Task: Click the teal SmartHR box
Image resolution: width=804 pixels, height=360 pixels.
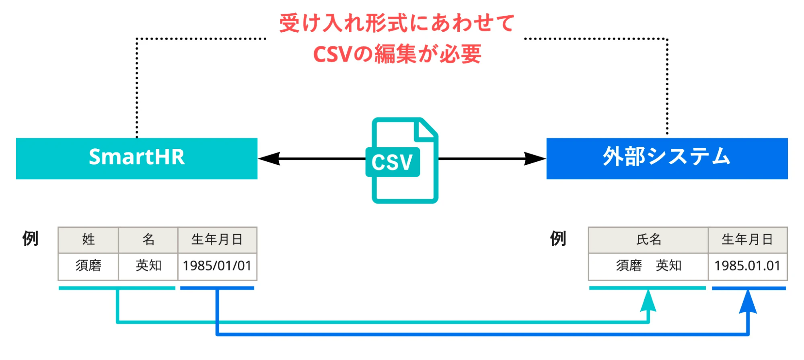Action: [137, 158]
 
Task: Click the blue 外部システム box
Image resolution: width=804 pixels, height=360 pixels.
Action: [667, 158]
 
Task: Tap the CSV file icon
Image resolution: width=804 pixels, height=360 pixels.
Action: [402, 160]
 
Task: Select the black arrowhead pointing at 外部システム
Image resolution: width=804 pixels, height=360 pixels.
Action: [535, 158]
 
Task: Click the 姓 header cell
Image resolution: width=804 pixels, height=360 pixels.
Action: [88, 240]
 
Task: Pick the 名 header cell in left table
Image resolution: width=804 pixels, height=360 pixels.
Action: [148, 240]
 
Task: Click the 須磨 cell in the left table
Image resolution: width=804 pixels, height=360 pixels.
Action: [88, 266]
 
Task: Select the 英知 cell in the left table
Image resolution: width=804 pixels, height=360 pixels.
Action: [148, 266]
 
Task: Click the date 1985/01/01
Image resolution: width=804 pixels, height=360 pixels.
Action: [217, 266]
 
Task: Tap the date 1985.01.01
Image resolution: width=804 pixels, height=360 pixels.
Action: [747, 266]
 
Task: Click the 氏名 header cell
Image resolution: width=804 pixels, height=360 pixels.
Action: [648, 240]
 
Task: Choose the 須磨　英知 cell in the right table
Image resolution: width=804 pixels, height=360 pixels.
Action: [648, 266]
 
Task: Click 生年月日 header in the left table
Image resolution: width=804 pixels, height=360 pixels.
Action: [217, 240]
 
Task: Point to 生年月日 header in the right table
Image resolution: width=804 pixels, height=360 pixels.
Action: [748, 240]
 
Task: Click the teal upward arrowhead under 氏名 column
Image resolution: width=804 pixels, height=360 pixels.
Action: [648, 300]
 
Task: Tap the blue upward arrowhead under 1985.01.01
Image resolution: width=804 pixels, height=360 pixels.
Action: [748, 302]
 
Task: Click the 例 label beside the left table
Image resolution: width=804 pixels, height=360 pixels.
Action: [30, 239]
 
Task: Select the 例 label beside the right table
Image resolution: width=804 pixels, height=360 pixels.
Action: [558, 239]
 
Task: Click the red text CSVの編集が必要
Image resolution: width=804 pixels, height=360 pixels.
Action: [397, 54]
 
